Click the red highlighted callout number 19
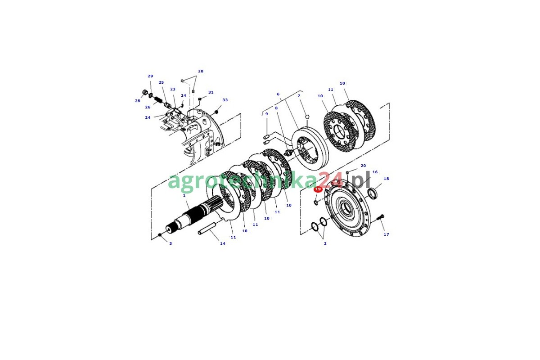[x=318, y=189]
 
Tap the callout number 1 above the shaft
[x=184, y=195]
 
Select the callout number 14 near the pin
[x=222, y=243]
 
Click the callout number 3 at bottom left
[x=171, y=243]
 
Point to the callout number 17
[x=386, y=234]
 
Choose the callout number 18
[x=386, y=179]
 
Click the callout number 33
[x=225, y=100]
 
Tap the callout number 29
[x=150, y=76]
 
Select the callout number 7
[x=299, y=96]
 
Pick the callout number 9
[x=266, y=114]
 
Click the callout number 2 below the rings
[x=325, y=243]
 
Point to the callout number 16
[x=375, y=172]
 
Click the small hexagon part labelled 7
[x=307, y=117]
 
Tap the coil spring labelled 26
[x=158, y=99]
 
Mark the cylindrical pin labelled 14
[x=207, y=229]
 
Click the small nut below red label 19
[x=316, y=202]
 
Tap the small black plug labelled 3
[x=159, y=235]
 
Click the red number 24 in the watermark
[x=331, y=180]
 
